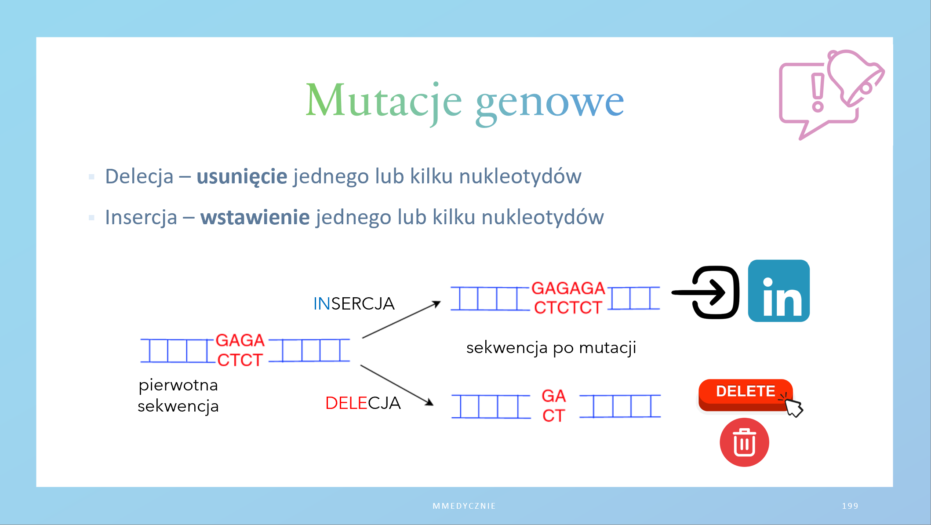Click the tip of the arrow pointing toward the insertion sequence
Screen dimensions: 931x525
[x=440, y=302]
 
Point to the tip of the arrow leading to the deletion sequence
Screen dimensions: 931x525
[x=433, y=405]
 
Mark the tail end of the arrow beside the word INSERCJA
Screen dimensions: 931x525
[x=363, y=338]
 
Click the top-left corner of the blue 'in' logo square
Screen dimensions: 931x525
[x=749, y=260]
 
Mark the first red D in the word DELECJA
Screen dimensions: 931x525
[x=331, y=403]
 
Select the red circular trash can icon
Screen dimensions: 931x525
[x=744, y=442]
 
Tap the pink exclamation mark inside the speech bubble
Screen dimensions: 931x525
[x=818, y=92]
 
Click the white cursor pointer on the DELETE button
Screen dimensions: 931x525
[x=794, y=407]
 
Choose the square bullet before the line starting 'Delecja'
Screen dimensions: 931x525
[x=91, y=177]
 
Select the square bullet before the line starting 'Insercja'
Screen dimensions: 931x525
[x=91, y=218]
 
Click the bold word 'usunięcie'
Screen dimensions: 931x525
[x=242, y=177]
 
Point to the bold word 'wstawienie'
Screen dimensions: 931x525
[x=255, y=217]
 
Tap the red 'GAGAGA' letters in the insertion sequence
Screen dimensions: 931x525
[x=568, y=288]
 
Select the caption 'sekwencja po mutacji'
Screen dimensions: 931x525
[x=551, y=348]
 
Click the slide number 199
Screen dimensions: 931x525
[x=850, y=506]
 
